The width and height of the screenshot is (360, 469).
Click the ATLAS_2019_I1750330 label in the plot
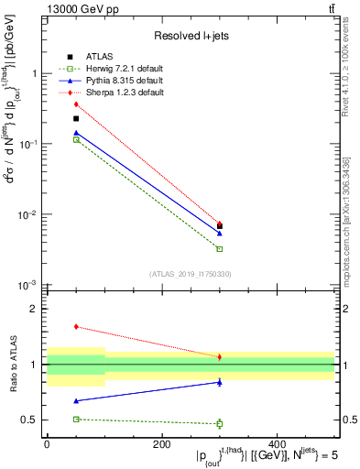191,274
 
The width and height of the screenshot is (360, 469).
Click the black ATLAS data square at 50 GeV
76,118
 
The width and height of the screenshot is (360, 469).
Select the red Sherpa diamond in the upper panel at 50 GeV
76,104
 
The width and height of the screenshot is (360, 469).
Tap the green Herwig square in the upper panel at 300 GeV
220,249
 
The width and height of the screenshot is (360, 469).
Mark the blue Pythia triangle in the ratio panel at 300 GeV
220,382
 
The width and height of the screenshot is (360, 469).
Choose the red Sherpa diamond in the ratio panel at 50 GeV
76,326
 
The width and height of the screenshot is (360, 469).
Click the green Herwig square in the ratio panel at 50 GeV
76,419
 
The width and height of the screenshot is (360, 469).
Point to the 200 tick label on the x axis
161,443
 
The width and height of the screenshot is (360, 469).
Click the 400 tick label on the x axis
277,443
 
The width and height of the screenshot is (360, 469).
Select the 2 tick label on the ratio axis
33,310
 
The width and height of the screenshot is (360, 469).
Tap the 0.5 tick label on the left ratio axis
29,420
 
